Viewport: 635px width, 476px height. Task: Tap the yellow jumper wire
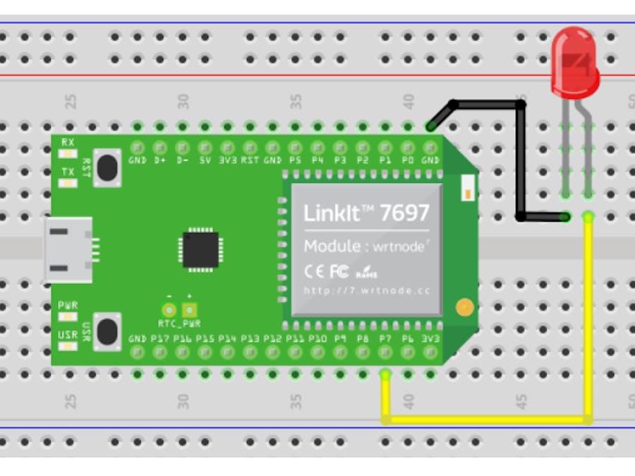[487, 420]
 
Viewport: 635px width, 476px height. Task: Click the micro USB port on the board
[69, 249]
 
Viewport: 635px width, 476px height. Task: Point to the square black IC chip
[200, 249]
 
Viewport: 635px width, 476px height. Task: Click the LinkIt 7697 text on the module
[365, 213]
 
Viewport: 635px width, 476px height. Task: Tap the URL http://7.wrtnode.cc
[366, 290]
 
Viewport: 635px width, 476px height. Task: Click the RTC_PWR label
[179, 324]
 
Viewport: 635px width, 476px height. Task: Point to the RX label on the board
[68, 142]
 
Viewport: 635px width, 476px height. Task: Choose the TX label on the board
[68, 172]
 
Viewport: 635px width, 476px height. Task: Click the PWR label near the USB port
[68, 305]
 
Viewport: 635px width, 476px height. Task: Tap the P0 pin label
[408, 160]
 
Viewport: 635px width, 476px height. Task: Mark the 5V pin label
[205, 160]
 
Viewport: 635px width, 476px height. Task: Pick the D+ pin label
[160, 160]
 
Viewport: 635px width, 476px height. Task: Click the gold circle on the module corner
[464, 307]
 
